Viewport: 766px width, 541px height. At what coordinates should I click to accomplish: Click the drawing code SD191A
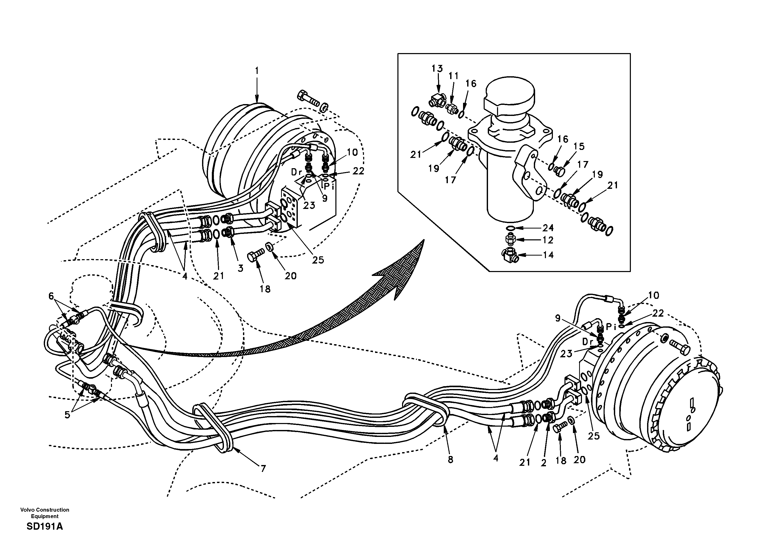coord(45,527)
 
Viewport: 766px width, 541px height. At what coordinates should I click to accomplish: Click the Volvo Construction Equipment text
coord(45,513)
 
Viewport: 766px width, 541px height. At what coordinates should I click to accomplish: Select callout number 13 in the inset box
coord(437,69)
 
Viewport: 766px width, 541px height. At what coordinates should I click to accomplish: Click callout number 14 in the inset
coord(548,255)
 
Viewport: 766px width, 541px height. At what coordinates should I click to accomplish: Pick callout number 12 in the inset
coord(548,240)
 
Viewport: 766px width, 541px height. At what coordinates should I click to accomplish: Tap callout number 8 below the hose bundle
coord(450,460)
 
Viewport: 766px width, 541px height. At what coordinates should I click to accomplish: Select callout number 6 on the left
coord(51,296)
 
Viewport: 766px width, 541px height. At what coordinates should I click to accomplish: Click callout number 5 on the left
coord(67,415)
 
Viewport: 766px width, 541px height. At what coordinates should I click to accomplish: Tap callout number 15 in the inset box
coord(579,146)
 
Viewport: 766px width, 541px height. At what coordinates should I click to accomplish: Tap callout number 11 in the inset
coord(453,77)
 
